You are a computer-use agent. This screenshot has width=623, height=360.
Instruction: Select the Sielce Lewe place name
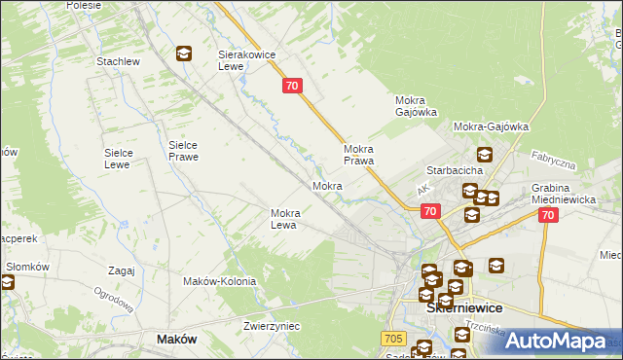click(125, 160)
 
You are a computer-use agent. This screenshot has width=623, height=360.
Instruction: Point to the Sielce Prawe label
click(183, 150)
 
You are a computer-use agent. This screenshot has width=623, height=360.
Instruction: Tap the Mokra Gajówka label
click(417, 106)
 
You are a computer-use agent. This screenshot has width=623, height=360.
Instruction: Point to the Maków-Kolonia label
click(219, 281)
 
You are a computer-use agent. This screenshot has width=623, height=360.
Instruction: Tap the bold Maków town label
click(177, 340)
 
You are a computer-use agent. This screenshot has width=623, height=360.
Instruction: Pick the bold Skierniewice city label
click(464, 307)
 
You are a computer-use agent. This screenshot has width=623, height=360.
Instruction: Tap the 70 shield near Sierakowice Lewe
click(294, 87)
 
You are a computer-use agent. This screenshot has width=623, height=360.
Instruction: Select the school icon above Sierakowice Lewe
click(183, 54)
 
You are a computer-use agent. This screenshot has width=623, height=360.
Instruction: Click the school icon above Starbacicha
click(484, 154)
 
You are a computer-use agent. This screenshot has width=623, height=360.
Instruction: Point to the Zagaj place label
click(122, 271)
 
